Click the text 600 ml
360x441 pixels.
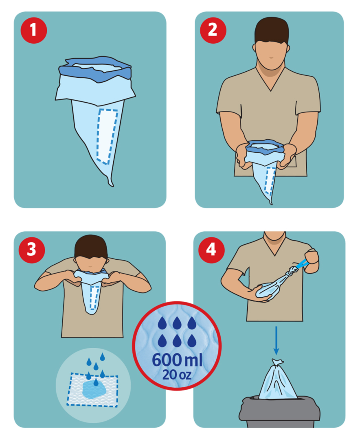pyautogui.click(x=177, y=360)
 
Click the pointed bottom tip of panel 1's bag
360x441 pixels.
pyautogui.click(x=110, y=183)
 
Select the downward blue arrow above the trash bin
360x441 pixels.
pyautogui.click(x=276, y=340)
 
